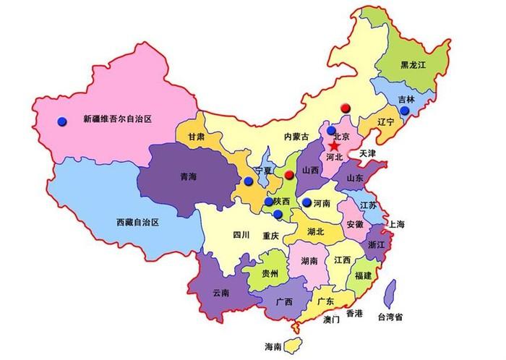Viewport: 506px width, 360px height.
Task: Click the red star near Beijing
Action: click(x=335, y=145)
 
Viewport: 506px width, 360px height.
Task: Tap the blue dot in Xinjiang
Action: click(x=62, y=121)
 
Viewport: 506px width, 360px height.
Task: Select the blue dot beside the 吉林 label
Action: click(x=404, y=111)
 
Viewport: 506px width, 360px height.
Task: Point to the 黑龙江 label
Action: click(x=415, y=65)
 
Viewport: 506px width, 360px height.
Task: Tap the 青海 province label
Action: click(x=188, y=176)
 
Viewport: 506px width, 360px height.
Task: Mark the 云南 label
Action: click(x=220, y=293)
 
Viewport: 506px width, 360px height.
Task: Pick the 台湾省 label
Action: click(x=390, y=317)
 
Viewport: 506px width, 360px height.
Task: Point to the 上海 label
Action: click(x=396, y=224)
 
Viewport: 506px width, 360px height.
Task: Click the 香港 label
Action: click(x=354, y=314)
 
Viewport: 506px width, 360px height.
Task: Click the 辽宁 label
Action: click(x=385, y=122)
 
